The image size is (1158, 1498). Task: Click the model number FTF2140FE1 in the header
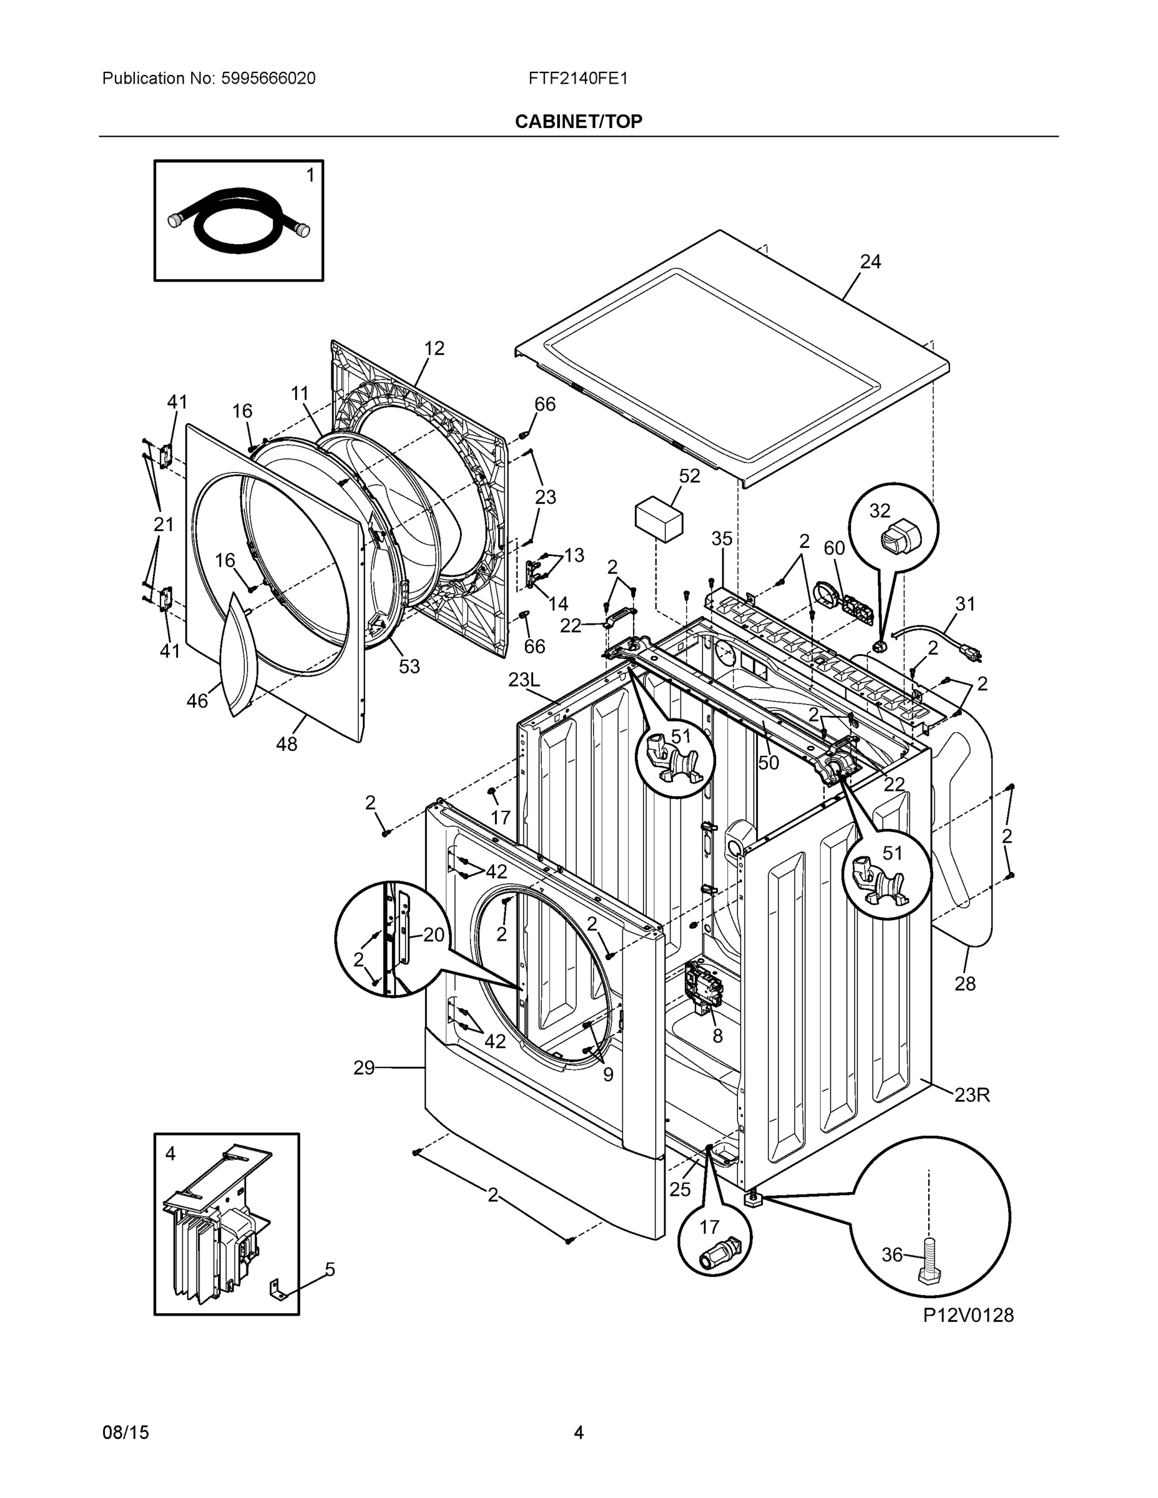click(x=577, y=78)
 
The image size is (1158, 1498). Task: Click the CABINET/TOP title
click(x=578, y=122)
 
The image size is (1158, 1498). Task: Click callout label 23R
click(x=971, y=1095)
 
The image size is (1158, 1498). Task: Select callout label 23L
click(x=524, y=680)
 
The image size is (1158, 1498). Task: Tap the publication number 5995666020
click(x=268, y=78)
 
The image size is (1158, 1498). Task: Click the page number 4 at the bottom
click(x=578, y=1432)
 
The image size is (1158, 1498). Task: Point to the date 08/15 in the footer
click(x=125, y=1432)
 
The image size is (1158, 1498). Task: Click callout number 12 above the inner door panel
click(x=434, y=348)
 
